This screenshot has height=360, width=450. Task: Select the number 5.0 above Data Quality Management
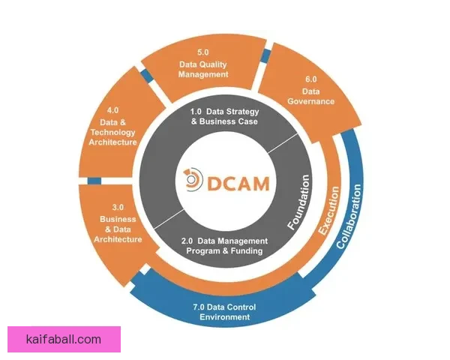(x=203, y=52)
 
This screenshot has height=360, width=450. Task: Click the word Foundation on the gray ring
(x=298, y=202)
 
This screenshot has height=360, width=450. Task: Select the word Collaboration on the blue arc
(x=354, y=217)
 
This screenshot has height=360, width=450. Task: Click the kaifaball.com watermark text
(x=63, y=340)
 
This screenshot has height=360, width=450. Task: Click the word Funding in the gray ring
(x=244, y=251)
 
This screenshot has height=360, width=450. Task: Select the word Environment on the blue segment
(x=221, y=317)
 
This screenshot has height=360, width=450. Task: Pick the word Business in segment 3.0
(x=118, y=219)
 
